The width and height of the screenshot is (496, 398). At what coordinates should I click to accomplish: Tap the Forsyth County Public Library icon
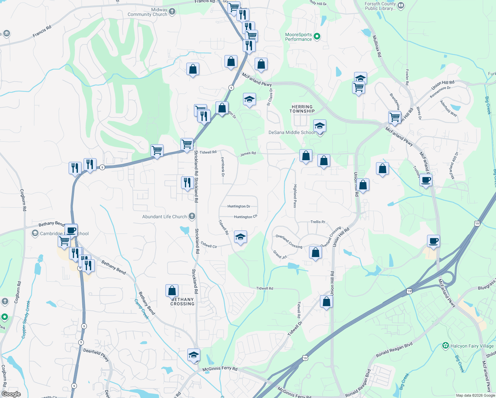(x=401, y=5)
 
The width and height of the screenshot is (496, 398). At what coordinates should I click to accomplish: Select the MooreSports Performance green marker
(x=317, y=36)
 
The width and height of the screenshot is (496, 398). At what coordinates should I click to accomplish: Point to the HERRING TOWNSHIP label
(x=302, y=109)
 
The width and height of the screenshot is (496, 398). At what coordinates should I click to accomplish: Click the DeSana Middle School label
(x=291, y=132)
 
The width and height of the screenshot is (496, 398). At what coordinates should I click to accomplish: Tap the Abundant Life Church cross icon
(x=192, y=217)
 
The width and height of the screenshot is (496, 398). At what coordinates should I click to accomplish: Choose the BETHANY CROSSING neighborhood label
(x=182, y=301)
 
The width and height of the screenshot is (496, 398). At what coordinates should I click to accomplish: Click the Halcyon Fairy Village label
(x=472, y=346)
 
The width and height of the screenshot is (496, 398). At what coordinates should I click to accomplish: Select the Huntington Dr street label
(x=239, y=206)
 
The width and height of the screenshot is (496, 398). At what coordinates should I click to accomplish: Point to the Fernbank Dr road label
(x=223, y=167)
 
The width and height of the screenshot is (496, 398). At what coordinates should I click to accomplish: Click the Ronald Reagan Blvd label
(x=394, y=350)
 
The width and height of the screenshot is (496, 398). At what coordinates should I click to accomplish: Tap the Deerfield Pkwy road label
(x=96, y=355)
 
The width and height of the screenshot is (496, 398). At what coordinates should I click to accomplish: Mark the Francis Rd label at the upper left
(x=42, y=32)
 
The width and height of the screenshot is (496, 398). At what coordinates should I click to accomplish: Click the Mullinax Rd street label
(x=377, y=46)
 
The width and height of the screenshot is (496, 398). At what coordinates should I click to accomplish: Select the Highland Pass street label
(x=295, y=196)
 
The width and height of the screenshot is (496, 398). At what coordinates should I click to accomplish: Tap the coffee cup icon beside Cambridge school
(x=71, y=230)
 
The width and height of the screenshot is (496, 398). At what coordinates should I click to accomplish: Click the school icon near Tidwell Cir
(x=240, y=237)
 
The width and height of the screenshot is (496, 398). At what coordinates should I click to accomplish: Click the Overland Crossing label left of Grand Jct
(x=289, y=241)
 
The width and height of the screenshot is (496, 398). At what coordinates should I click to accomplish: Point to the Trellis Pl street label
(x=318, y=222)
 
